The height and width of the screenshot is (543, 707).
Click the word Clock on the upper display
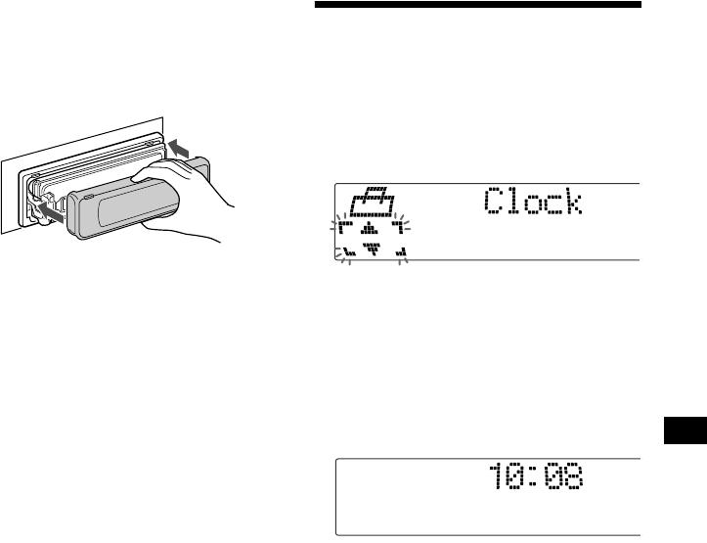click(533, 204)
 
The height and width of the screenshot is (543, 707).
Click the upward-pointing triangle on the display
click(371, 231)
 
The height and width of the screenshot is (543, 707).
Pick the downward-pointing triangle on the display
click(372, 249)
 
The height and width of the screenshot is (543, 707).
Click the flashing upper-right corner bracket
click(397, 229)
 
